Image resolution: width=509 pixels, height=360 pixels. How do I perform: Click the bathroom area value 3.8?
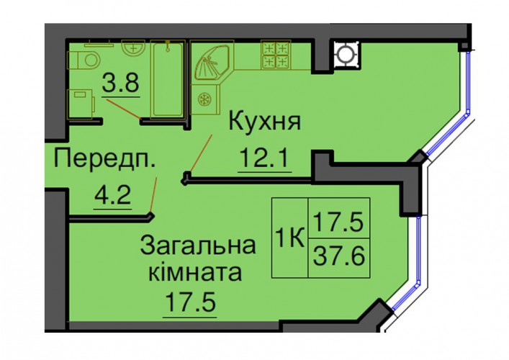click(x=121, y=83)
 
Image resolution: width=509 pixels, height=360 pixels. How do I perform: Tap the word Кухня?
click(x=265, y=122)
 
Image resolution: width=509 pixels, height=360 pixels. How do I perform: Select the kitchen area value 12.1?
click(x=264, y=158)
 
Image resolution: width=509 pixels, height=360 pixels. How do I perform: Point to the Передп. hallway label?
click(x=104, y=158)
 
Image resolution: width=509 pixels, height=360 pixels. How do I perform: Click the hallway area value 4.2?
click(x=112, y=196)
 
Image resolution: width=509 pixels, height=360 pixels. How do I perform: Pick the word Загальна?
click(x=198, y=246)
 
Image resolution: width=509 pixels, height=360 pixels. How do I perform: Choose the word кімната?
click(x=195, y=272)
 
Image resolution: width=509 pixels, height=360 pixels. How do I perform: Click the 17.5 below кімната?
click(x=190, y=302)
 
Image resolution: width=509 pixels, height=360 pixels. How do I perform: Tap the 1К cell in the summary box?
click(x=289, y=238)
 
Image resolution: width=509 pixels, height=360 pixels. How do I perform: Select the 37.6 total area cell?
click(x=339, y=258)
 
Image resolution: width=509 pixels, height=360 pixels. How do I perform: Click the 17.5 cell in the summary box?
click(x=339, y=218)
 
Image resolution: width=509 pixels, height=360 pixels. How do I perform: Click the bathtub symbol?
click(x=168, y=78)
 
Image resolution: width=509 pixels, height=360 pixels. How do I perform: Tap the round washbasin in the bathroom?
click(x=133, y=48)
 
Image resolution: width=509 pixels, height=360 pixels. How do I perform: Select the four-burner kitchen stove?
click(x=276, y=55)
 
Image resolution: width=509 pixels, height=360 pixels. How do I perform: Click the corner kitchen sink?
click(x=212, y=63)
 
